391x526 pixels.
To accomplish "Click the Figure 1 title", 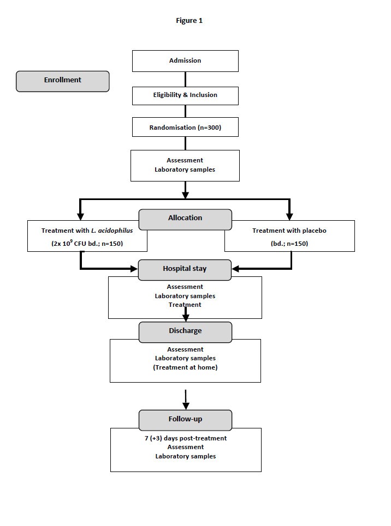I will click(x=189, y=21).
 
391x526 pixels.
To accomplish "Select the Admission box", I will click(x=185, y=61).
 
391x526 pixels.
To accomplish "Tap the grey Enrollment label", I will click(x=63, y=81).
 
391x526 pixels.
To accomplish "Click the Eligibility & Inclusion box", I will click(x=185, y=95).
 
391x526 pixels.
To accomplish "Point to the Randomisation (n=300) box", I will click(x=185, y=128).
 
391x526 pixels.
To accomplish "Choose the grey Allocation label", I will click(x=185, y=219).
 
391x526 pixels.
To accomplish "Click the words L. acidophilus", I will click(x=112, y=231).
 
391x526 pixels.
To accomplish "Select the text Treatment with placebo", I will click(x=289, y=231).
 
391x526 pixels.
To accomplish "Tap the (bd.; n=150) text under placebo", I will click(x=289, y=244).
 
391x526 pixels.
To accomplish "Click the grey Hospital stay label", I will click(x=185, y=269).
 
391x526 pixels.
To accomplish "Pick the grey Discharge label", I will click(x=185, y=331).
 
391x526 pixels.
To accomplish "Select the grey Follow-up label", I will click(x=185, y=420).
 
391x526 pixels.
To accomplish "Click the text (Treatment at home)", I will click(x=185, y=367).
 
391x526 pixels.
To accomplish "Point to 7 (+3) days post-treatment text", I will click(x=186, y=438).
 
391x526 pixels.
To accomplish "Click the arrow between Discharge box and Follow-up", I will click(x=186, y=399).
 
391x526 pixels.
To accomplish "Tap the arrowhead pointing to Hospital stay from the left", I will click(x=133, y=269).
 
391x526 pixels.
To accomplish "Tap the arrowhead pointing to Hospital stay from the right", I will click(x=236, y=269).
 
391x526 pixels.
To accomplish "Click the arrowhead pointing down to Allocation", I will click(x=186, y=194).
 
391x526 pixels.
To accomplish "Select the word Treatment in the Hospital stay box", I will click(x=185, y=305).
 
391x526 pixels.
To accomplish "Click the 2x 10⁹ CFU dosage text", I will click(x=70, y=244).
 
